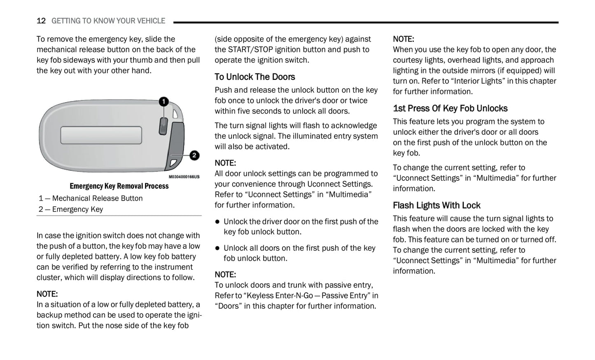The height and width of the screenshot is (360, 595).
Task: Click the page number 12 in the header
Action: tap(41, 21)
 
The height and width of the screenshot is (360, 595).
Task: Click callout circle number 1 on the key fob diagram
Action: tap(163, 101)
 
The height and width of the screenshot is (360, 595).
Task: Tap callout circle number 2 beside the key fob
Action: tap(194, 155)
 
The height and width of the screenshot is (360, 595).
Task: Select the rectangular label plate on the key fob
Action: tap(101, 135)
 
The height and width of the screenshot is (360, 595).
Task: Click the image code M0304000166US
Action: tap(184, 177)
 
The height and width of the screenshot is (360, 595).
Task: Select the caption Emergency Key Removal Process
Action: tap(119, 186)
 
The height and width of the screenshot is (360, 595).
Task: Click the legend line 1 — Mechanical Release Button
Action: tap(91, 198)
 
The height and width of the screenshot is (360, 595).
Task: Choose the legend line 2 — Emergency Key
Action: tap(71, 209)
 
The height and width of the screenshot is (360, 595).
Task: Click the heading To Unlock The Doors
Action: tap(254, 77)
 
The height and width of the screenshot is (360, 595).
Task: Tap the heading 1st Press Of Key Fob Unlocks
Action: tap(450, 108)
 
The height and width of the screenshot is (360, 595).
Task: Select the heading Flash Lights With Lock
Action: tap(436, 205)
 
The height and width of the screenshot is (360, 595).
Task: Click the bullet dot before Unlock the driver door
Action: tap(217, 222)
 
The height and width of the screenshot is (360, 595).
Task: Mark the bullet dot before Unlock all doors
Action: tap(217, 248)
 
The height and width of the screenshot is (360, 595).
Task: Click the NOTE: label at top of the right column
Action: tap(403, 39)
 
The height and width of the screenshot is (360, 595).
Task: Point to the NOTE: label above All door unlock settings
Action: tap(225, 163)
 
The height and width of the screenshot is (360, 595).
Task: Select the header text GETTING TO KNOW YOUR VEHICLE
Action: tap(108, 21)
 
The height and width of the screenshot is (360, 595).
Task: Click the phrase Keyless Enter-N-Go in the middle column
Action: tap(278, 295)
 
